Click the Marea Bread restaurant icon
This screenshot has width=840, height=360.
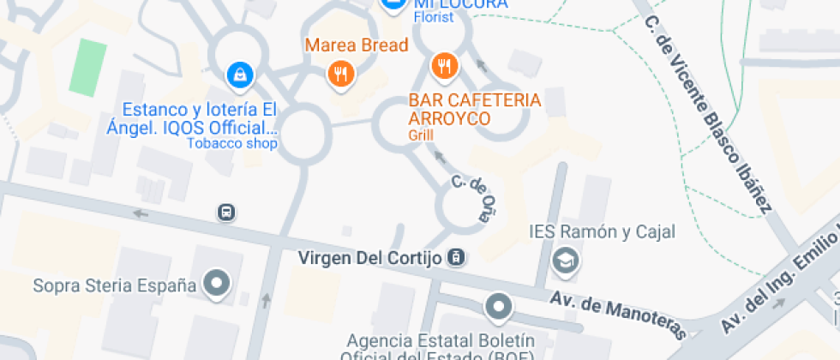click(x=341, y=74)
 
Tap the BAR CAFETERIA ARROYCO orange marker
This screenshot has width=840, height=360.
click(x=444, y=65)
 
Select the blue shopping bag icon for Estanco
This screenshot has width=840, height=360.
click(x=240, y=75)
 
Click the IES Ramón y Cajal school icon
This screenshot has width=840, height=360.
click(x=565, y=260)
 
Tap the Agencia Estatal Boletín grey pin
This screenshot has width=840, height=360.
click(x=498, y=305)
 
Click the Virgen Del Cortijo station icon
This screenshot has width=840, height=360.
click(x=458, y=257)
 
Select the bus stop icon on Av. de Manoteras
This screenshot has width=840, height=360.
click(x=226, y=213)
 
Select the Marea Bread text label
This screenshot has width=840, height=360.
click(x=355, y=45)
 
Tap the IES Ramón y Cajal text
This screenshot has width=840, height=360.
click(x=603, y=231)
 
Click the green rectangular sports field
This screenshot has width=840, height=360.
click(x=84, y=66)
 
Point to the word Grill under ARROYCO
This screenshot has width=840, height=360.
click(x=422, y=135)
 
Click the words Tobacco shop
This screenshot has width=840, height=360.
click(x=233, y=143)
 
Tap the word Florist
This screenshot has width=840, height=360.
click(x=434, y=16)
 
